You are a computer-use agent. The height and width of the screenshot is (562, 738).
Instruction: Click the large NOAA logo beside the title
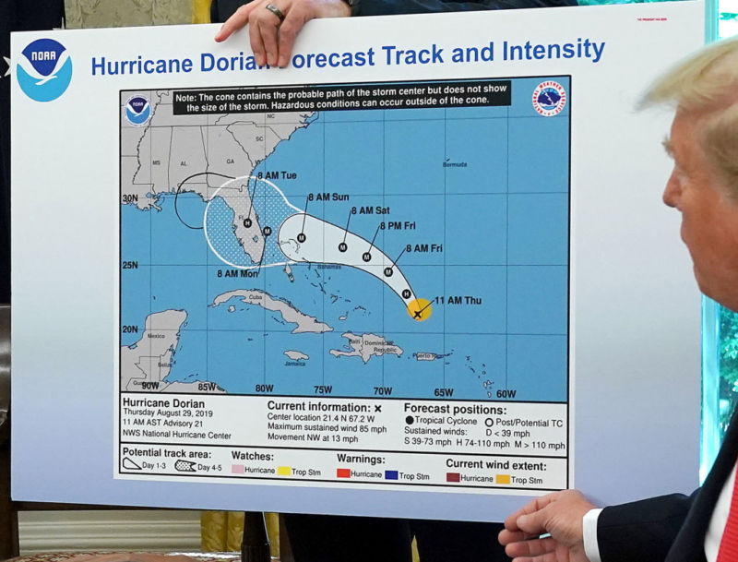coord(43,69)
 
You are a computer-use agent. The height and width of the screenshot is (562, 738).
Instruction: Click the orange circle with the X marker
coord(419,312)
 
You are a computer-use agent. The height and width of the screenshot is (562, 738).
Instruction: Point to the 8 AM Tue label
coord(277,175)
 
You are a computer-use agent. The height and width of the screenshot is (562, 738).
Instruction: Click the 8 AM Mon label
coord(238,273)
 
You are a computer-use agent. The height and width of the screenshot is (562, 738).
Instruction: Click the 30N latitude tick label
coord(130,198)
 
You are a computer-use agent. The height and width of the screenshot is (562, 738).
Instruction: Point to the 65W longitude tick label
coord(443,391)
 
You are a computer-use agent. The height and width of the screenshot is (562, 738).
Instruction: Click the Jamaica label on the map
coord(295,364)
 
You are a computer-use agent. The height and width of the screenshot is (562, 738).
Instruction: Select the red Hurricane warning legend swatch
coord(343,476)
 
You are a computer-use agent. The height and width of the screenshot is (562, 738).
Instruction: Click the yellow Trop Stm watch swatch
coord(284,471)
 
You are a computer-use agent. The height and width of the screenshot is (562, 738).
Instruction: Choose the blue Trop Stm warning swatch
coord(391,476)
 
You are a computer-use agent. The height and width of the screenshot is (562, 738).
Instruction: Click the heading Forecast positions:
coord(455,410)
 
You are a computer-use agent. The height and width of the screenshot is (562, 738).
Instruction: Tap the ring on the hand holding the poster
coord(276,11)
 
